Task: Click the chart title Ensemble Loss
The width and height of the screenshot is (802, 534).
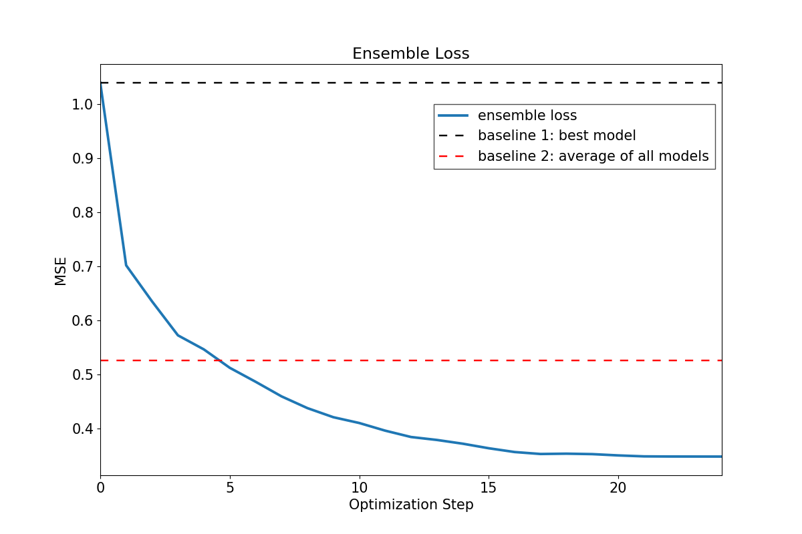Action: pyautogui.click(x=410, y=54)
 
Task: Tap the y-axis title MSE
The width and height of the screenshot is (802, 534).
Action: pyautogui.click(x=61, y=271)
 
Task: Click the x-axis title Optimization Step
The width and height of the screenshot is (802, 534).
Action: pyautogui.click(x=410, y=505)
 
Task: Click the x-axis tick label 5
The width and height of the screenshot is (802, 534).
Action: pyautogui.click(x=230, y=488)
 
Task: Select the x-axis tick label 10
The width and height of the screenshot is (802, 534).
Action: pyautogui.click(x=359, y=488)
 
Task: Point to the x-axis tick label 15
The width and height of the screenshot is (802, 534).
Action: pyautogui.click(x=489, y=488)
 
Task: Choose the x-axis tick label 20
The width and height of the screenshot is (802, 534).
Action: pyautogui.click(x=618, y=488)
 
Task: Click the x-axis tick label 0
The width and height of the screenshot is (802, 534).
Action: pyautogui.click(x=100, y=488)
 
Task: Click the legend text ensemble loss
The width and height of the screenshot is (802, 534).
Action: pyautogui.click(x=527, y=115)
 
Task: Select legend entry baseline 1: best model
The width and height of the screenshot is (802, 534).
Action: pyautogui.click(x=557, y=136)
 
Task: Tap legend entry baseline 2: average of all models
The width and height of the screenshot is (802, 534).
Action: pyautogui.click(x=593, y=157)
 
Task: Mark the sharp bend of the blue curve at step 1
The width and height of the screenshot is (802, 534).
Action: pyautogui.click(x=126, y=265)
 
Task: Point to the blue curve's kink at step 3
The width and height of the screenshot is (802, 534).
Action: pyautogui.click(x=178, y=335)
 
